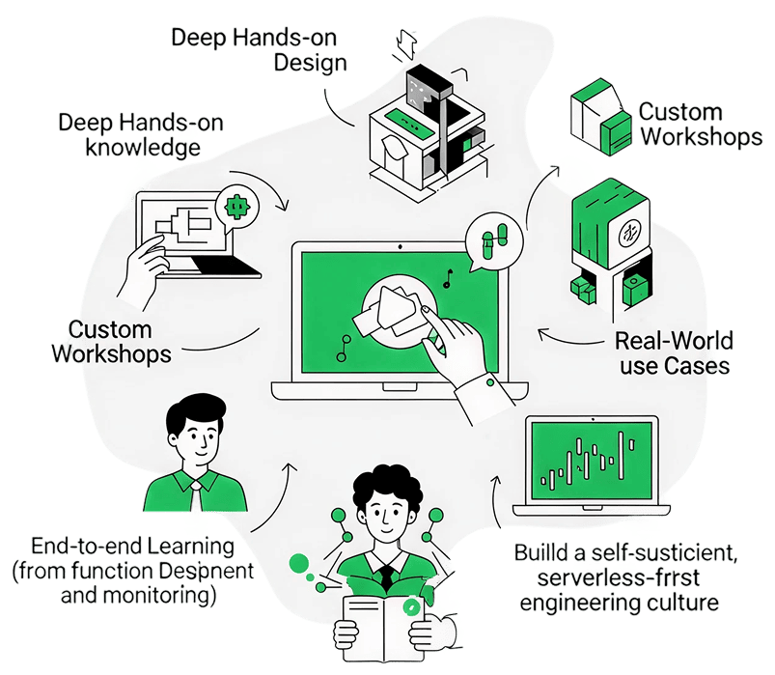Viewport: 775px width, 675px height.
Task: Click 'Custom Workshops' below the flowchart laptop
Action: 112,339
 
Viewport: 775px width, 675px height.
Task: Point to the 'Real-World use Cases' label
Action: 674,353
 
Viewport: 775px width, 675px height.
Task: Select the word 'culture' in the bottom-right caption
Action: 680,604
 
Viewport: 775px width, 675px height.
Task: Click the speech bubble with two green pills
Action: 493,242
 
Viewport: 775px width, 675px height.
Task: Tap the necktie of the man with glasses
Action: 196,495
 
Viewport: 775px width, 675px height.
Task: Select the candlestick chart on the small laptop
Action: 590,464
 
